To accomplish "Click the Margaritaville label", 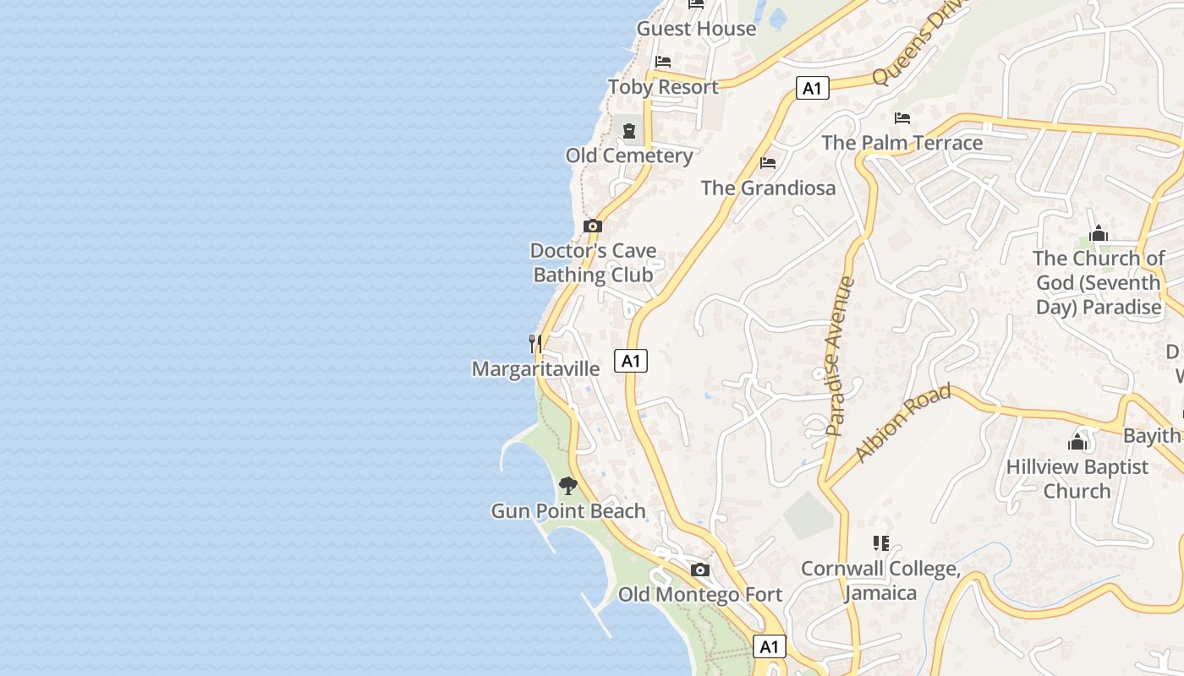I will point(535,369).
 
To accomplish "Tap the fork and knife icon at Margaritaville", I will point(535,343).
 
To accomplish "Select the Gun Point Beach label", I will point(568,511).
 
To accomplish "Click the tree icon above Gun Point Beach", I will point(568,485).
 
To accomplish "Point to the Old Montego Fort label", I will point(700,595).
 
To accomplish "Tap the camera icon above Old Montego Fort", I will point(700,570).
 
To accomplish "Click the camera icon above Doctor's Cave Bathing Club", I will point(593,226).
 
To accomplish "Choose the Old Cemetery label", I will point(629,155).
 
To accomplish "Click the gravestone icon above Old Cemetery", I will point(629,131).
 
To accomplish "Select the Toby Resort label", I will point(663,87).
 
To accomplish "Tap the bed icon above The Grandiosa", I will point(768,162).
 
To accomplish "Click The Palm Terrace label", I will point(902,143).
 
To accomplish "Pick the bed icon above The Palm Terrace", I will point(902,117).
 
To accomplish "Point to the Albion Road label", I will point(903,422).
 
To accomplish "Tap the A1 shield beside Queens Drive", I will point(812,88).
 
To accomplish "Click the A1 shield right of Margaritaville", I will point(631,361).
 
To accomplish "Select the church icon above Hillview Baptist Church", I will point(1077,441).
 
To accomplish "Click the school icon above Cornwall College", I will point(881,543).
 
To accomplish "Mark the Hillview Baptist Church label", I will point(1077,478).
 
